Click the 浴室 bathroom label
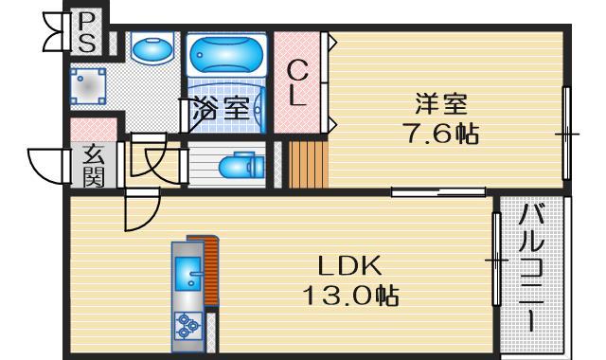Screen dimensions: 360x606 point(223,107)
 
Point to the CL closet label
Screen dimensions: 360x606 point(297,82)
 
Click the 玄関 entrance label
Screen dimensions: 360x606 point(92,167)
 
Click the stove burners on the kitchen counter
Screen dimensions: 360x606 point(187,328)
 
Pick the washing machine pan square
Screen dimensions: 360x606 point(90,85)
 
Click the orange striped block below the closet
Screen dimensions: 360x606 point(306,164)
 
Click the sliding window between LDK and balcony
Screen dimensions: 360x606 point(494,258)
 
